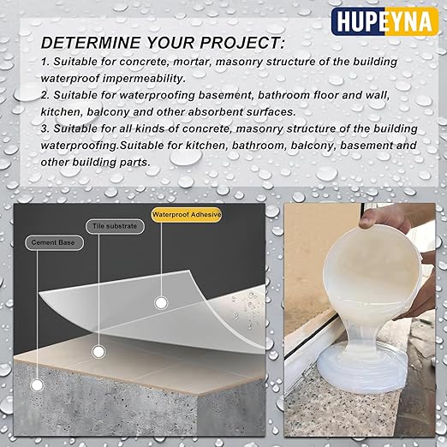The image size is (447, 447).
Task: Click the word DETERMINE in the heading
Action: pos(91,43)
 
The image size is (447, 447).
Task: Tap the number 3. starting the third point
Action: pos(45,128)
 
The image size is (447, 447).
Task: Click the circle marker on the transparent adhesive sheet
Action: pos(159,302)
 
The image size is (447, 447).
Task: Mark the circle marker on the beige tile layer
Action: pos(99,351)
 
